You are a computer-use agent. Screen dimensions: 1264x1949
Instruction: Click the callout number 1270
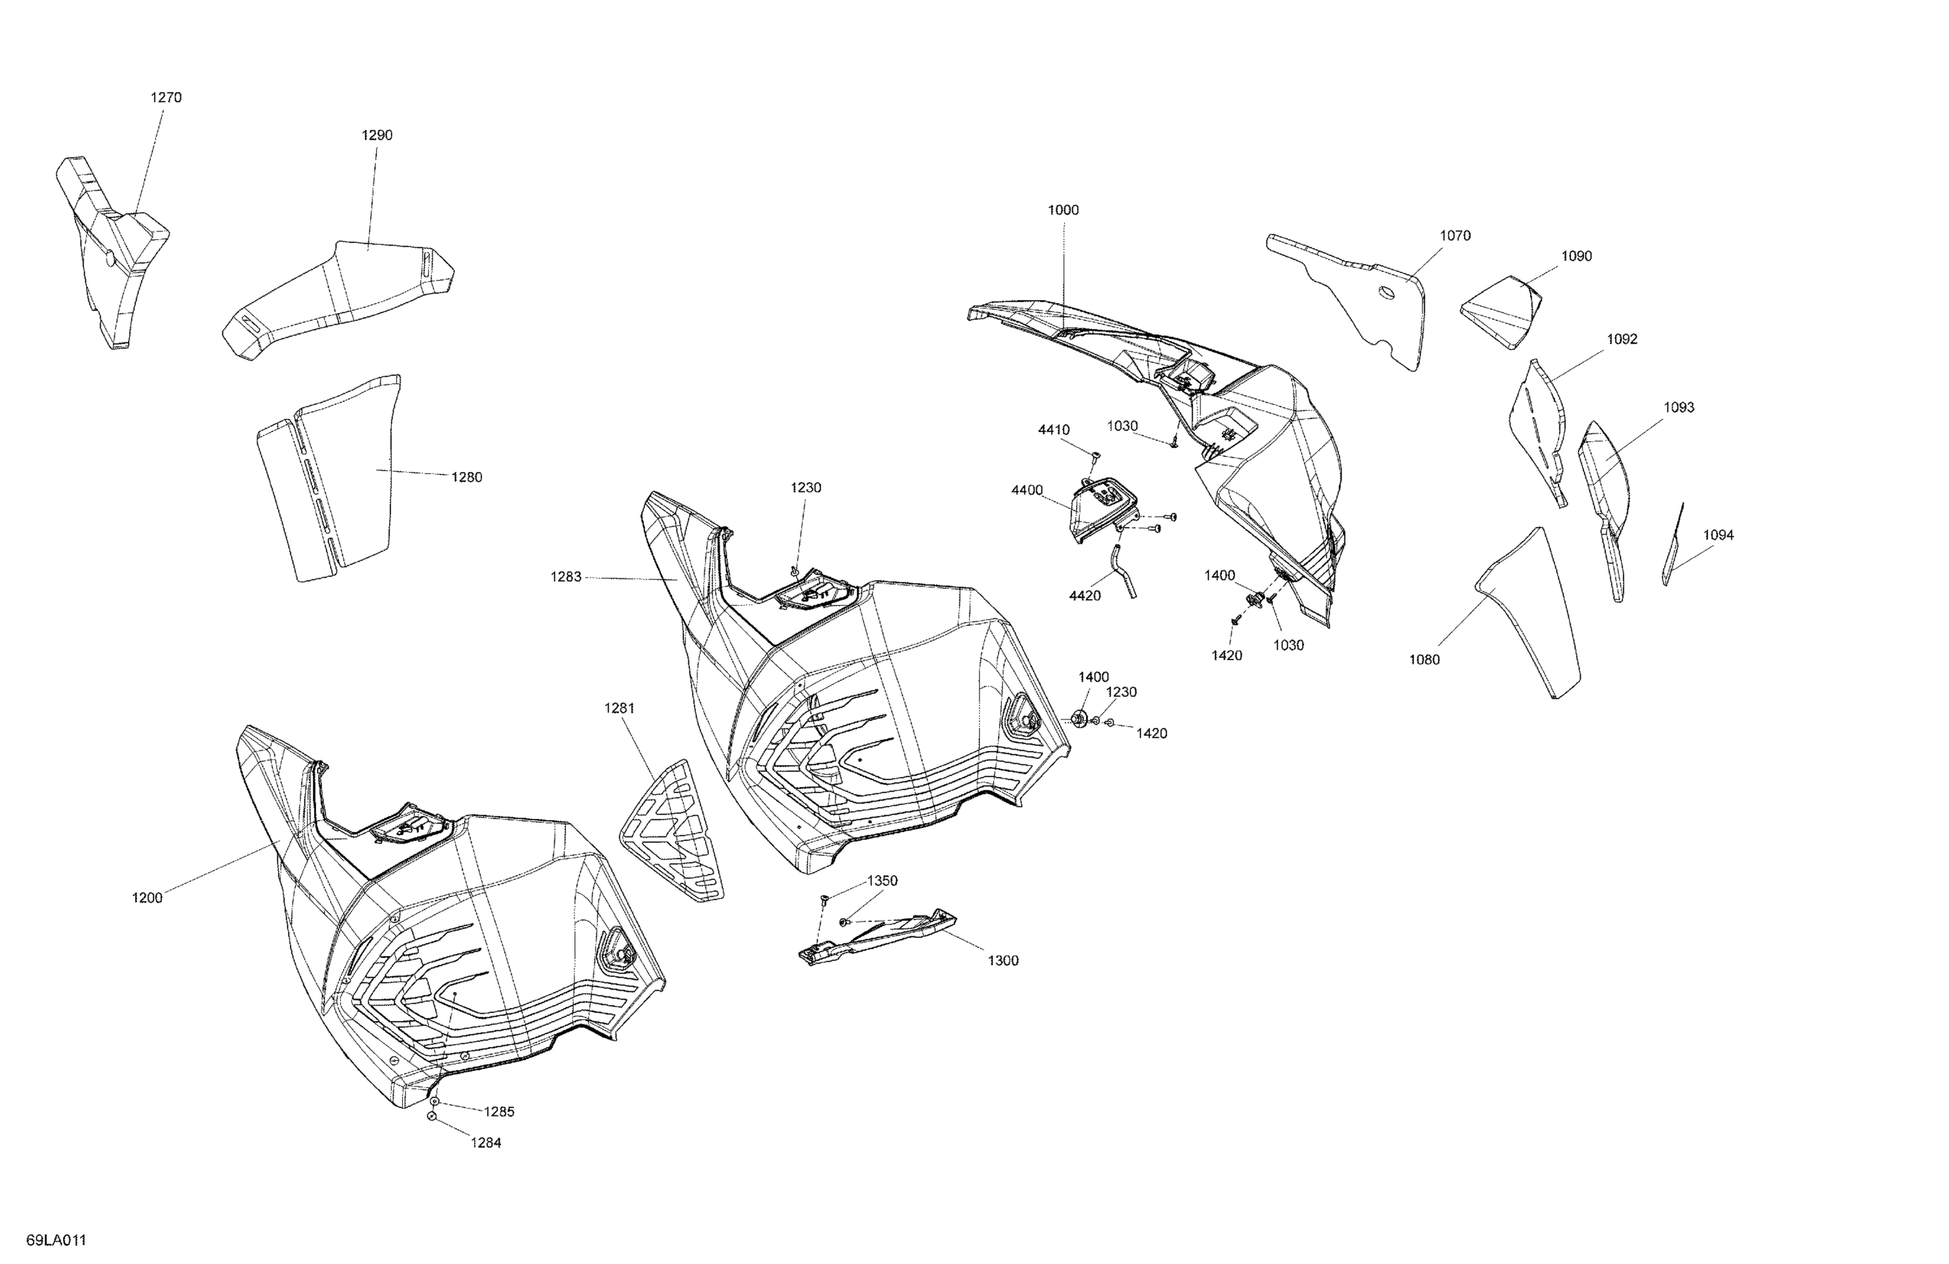(x=166, y=97)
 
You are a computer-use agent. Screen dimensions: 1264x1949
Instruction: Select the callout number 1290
(x=377, y=135)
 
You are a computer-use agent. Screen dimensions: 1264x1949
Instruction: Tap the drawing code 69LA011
(x=56, y=1239)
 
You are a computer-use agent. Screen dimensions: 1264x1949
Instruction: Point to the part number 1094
(x=1718, y=535)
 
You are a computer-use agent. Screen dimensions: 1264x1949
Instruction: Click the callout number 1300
(x=1002, y=960)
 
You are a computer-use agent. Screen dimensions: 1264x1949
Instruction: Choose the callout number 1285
(x=499, y=1112)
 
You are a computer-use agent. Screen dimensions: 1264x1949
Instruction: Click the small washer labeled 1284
(x=431, y=1116)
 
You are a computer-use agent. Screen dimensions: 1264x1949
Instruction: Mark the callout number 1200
(x=147, y=898)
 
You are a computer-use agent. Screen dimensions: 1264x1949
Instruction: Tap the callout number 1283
(x=566, y=576)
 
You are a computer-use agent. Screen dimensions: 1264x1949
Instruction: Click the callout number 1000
(x=1063, y=210)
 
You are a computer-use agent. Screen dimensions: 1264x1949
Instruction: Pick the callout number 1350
(x=883, y=881)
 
